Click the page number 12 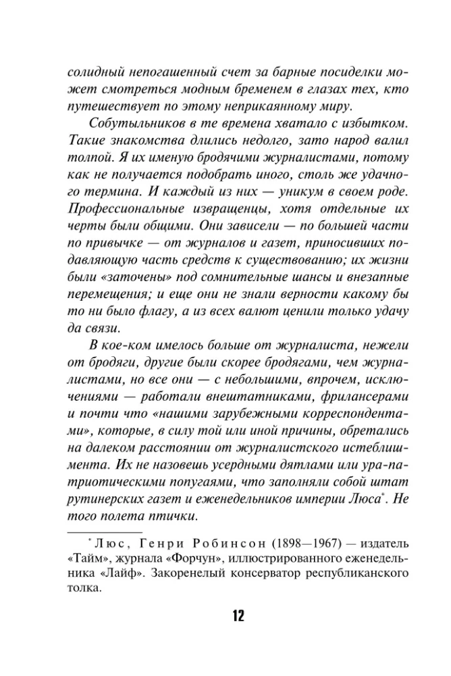pos(225,616)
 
